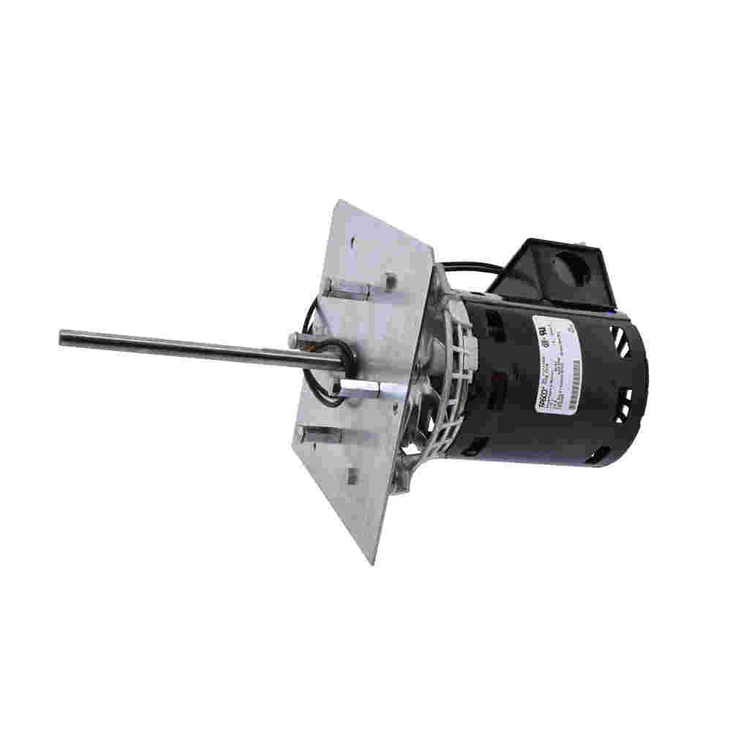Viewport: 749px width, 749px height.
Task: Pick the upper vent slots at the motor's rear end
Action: pyautogui.click(x=620, y=341)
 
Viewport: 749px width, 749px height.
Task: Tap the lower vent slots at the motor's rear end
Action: pyautogui.click(x=623, y=404)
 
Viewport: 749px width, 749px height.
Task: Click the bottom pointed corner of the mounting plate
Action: pyautogui.click(x=372, y=562)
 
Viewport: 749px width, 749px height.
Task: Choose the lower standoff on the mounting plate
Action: pyautogui.click(x=319, y=436)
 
